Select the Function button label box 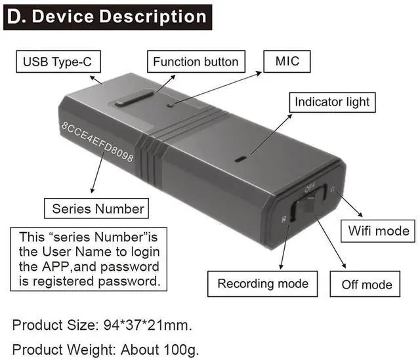click(x=196, y=62)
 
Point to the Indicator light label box click(x=331, y=102)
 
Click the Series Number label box click(x=98, y=209)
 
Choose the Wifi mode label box click(x=378, y=230)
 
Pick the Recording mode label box click(x=262, y=283)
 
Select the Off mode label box click(x=366, y=285)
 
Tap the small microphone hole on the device click(x=170, y=104)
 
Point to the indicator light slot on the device click(x=241, y=158)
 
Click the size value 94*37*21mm click(x=148, y=325)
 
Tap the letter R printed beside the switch click(x=283, y=220)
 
